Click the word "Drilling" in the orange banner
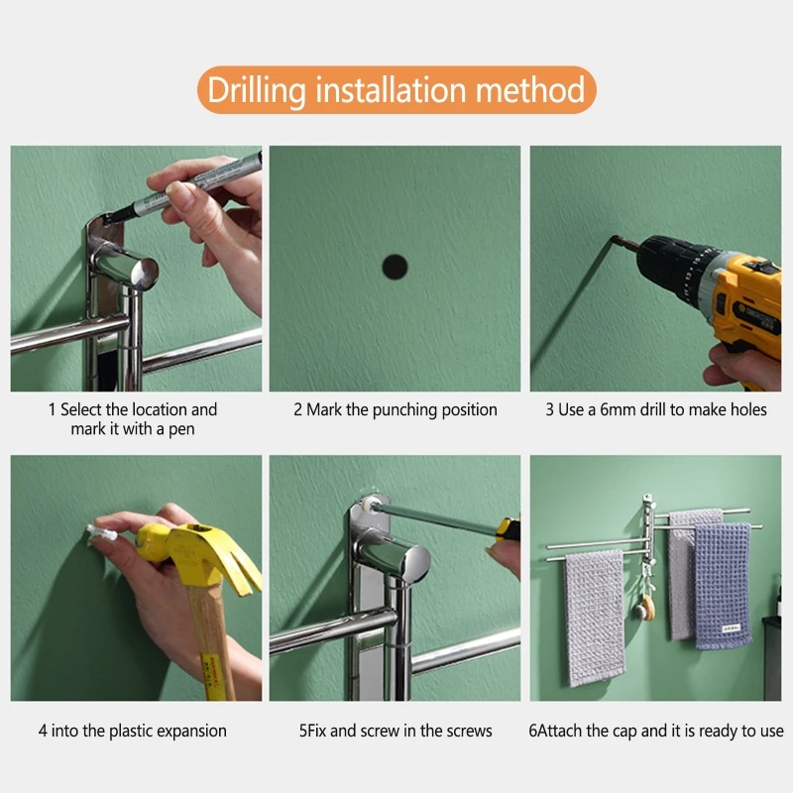(x=257, y=91)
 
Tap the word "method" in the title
(x=529, y=89)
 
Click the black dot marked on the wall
(x=395, y=267)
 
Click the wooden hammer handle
(x=212, y=642)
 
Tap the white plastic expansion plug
(x=102, y=533)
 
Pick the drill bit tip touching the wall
(x=614, y=238)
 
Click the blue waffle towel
(x=723, y=586)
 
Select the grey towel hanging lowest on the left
(x=595, y=618)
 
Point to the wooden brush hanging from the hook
(x=646, y=607)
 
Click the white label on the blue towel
(x=731, y=628)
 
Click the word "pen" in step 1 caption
(x=181, y=430)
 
